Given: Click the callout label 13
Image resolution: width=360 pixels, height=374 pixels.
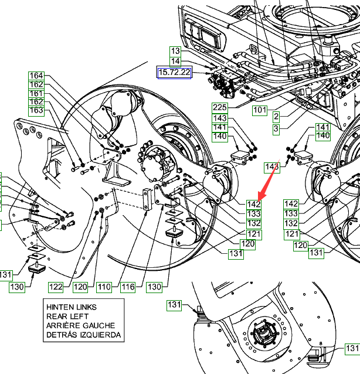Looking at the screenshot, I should tap(176, 51).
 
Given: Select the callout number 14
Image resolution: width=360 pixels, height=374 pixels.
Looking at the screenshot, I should tap(176, 62).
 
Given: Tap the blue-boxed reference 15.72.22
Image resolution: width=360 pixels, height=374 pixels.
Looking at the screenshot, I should tap(174, 72).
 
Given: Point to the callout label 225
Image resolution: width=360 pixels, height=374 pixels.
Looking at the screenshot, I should tap(219, 107).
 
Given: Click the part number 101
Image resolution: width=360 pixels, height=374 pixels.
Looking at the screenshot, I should tap(260, 110).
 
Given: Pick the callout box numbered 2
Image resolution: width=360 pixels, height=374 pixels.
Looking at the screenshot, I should tap(276, 117).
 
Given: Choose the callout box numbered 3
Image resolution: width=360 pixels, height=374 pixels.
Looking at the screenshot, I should tap(276, 127).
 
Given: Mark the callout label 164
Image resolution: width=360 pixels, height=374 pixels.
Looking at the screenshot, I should tap(36, 76).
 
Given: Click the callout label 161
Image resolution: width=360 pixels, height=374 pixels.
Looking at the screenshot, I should tap(36, 94).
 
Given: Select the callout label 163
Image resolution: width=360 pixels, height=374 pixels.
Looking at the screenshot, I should tap(36, 110).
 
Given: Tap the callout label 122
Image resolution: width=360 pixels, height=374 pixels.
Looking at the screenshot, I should tap(56, 287).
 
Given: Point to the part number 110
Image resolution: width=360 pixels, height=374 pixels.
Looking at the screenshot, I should tap(104, 287).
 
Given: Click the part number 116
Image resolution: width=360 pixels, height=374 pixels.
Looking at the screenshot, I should tap(128, 287).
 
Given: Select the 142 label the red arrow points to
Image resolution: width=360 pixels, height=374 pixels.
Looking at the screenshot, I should tap(253, 204).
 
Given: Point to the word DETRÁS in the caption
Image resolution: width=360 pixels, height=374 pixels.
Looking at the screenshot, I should tap(62, 335).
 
